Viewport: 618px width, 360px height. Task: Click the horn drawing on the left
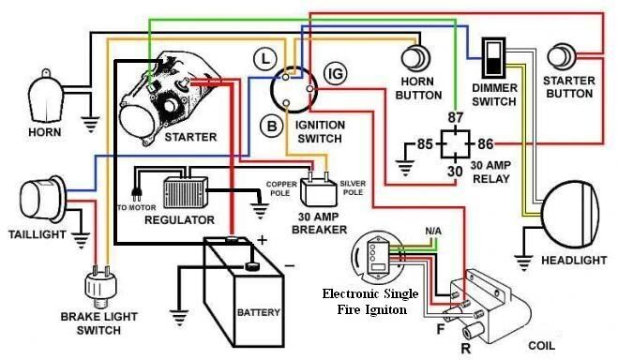point(44,97)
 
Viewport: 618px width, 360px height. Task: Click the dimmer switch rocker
point(492,58)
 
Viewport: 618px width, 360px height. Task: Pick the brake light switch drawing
point(101,287)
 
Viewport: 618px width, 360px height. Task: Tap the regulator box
point(186,192)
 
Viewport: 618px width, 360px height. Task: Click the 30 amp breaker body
point(319,191)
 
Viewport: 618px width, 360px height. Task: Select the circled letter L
point(264,59)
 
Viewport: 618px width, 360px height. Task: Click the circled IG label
point(336,74)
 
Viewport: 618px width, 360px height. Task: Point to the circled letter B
point(272,126)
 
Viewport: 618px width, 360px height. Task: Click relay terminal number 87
point(455,117)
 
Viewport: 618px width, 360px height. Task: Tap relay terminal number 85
point(425,144)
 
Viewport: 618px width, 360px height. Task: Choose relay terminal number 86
point(486,144)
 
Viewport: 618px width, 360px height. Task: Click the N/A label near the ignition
point(433,232)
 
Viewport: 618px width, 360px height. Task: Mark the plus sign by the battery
point(262,240)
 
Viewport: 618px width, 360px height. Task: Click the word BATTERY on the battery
point(259,312)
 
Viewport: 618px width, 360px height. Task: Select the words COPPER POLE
point(281,188)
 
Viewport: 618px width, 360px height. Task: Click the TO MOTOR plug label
point(136,207)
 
